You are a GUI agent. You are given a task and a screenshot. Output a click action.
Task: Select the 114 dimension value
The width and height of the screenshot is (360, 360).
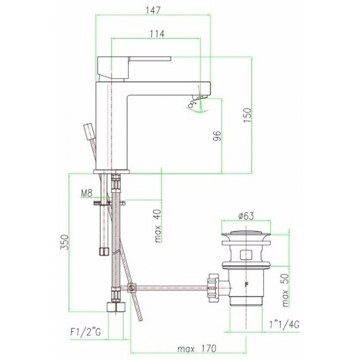157,34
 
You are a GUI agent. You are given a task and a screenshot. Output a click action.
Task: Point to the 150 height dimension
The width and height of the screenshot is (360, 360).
248,115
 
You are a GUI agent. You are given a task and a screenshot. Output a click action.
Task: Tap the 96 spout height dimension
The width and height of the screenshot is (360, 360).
217,136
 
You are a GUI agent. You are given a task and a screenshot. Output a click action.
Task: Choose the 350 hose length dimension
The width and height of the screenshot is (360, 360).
64,242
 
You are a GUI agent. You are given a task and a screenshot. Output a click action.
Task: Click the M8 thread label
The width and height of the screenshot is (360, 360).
86,194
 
